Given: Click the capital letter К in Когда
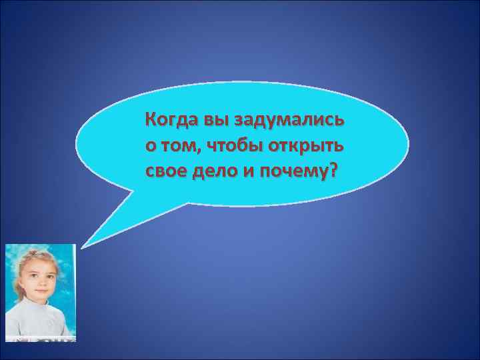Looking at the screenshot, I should [151, 121].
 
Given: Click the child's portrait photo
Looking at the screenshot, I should [41, 293].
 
